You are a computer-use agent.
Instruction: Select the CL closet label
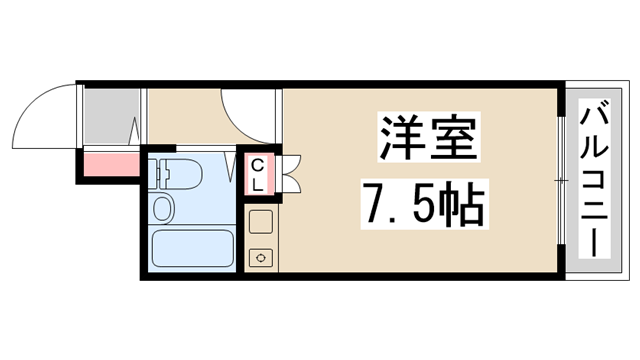tap(257, 175)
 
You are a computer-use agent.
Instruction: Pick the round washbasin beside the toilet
tap(163, 208)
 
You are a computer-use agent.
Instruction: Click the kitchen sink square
tap(261, 222)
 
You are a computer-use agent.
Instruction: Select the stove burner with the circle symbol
tap(261, 256)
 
